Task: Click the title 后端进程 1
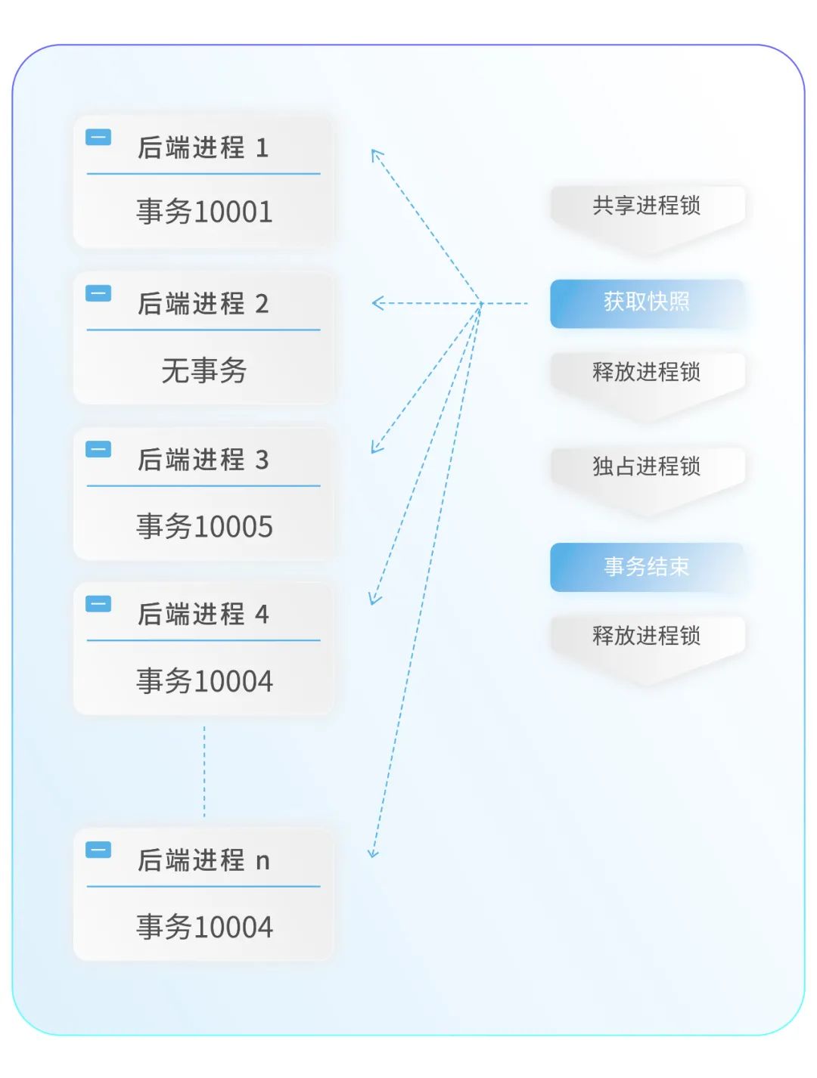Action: click(203, 147)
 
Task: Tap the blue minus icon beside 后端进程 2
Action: click(98, 293)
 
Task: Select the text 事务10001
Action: click(204, 212)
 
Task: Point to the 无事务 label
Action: click(204, 370)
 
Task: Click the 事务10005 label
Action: click(204, 526)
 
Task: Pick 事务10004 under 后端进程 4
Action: click(204, 681)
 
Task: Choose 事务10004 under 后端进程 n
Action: click(204, 927)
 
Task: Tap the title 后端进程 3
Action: click(203, 460)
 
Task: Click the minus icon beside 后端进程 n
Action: click(98, 850)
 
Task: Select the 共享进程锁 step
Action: click(647, 206)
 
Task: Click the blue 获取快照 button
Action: click(647, 302)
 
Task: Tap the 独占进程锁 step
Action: click(647, 466)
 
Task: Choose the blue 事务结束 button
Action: click(647, 566)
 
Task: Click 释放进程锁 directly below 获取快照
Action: click(647, 372)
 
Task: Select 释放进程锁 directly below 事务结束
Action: click(647, 636)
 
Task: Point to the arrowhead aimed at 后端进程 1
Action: click(376, 154)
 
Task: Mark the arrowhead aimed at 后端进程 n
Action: click(373, 853)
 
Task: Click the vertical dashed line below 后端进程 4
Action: click(204, 771)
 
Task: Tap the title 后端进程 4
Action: click(203, 615)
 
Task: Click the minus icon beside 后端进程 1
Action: click(98, 138)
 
